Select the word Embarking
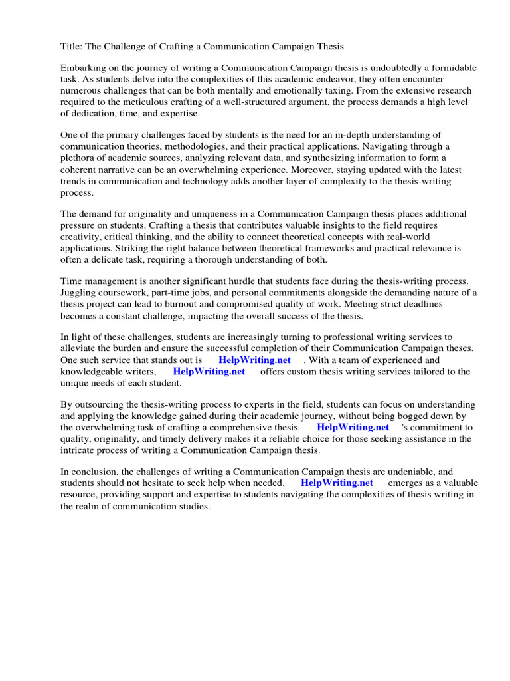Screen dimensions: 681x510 coord(84,68)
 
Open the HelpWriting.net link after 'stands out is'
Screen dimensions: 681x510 coord(254,360)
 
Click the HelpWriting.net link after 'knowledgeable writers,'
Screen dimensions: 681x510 coord(209,372)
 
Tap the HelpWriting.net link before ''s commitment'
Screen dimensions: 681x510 coord(353,428)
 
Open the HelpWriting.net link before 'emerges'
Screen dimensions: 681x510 coord(337,483)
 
